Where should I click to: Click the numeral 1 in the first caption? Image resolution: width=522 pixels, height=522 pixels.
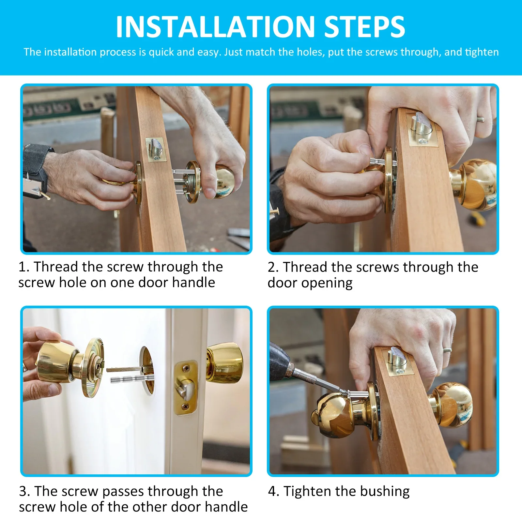point(23,267)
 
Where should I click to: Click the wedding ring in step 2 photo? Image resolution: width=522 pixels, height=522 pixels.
point(480,119)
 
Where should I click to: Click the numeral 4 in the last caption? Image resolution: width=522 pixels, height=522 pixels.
point(272,491)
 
